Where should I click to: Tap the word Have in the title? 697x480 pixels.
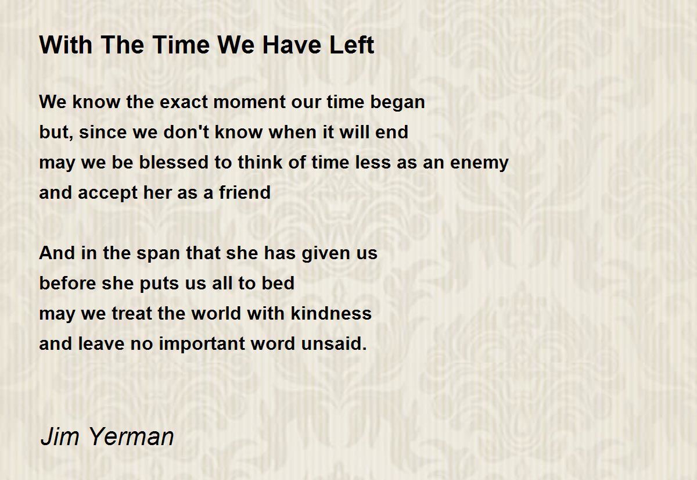[291, 45]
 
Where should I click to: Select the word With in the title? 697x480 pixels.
[66, 45]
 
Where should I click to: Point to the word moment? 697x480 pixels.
[250, 102]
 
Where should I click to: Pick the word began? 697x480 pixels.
[397, 103]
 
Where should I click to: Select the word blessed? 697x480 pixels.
[174, 162]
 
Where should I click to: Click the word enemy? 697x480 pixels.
[479, 163]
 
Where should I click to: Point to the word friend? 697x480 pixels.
[245, 192]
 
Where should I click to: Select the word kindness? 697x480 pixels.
[331, 313]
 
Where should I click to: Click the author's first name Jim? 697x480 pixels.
[60, 436]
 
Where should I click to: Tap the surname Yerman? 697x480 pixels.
[132, 436]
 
